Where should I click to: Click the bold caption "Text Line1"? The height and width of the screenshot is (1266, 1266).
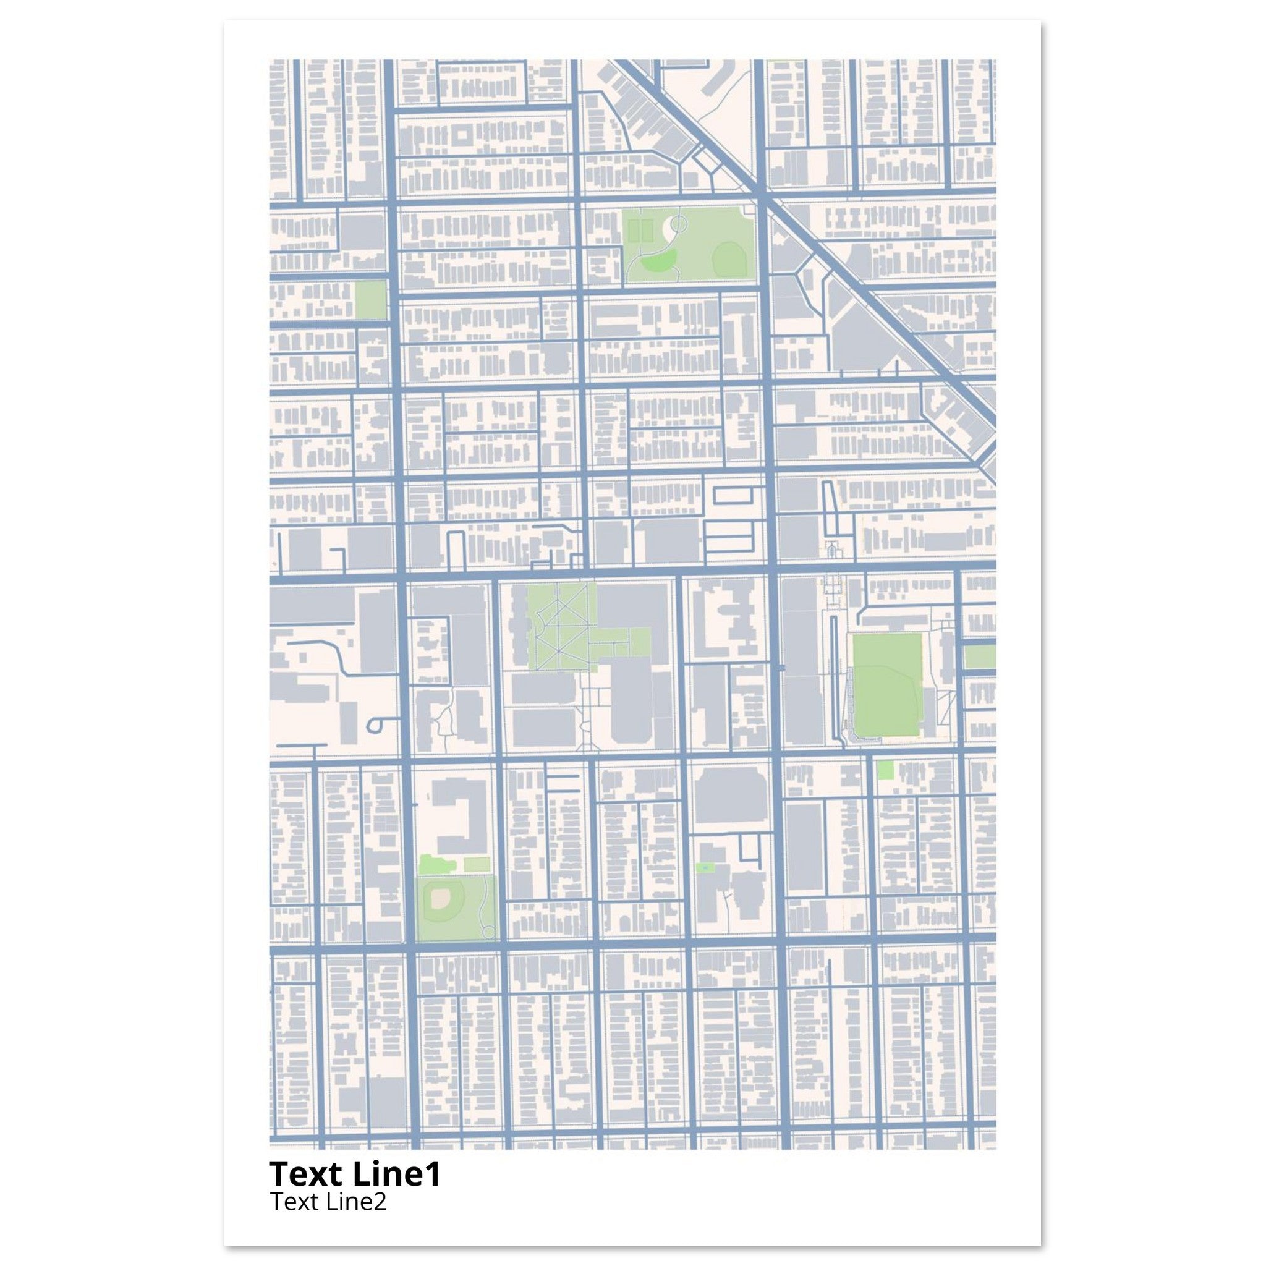pyautogui.click(x=354, y=1173)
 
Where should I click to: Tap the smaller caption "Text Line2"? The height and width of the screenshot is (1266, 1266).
pyautogui.click(x=328, y=1201)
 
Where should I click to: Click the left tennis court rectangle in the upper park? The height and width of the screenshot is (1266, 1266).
pyautogui.click(x=634, y=231)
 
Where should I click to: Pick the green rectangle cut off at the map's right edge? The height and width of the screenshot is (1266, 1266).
pyautogui.click(x=979, y=656)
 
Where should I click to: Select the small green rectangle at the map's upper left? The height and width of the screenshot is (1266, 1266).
pyautogui.click(x=370, y=300)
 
